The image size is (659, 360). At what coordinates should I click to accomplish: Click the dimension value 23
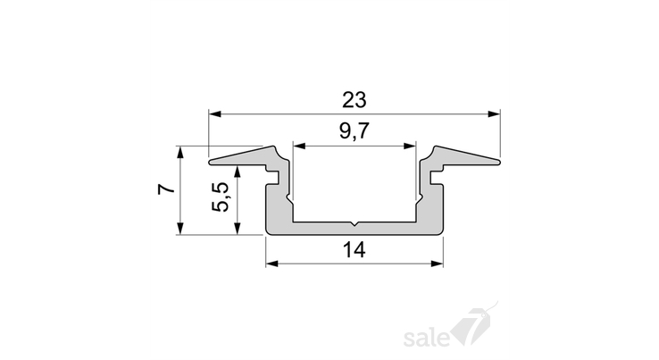pyautogui.click(x=355, y=100)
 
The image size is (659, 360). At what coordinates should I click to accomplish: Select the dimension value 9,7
pyautogui.click(x=355, y=131)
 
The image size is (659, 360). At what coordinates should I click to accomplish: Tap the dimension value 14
pyautogui.click(x=355, y=250)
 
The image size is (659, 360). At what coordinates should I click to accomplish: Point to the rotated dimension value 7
pyautogui.click(x=166, y=188)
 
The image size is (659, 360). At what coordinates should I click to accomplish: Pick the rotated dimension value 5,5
pyautogui.click(x=221, y=197)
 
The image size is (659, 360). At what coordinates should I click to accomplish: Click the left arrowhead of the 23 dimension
pyautogui.click(x=215, y=114)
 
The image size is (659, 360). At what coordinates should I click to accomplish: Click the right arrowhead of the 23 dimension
pyautogui.click(x=494, y=114)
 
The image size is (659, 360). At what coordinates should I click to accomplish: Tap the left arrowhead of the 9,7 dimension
pyautogui.click(x=299, y=146)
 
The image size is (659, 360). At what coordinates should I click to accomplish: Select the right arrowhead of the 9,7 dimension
pyautogui.click(x=409, y=146)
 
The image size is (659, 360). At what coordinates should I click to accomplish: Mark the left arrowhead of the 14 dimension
pyautogui.click(x=272, y=264)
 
